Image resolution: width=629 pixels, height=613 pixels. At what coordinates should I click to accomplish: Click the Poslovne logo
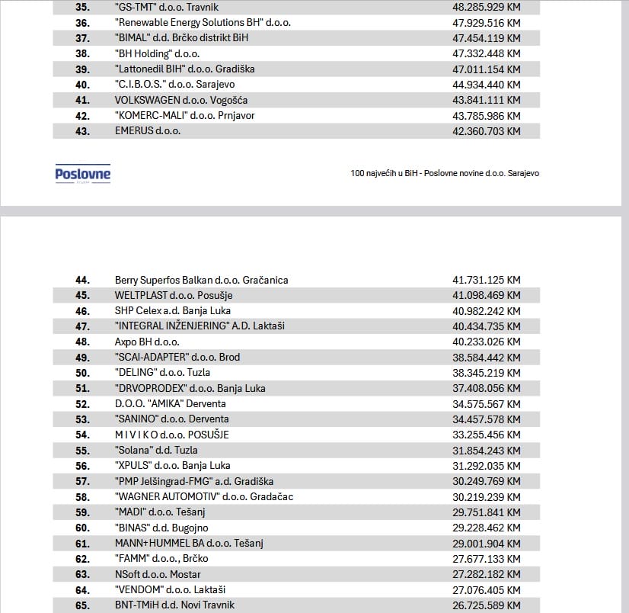82,175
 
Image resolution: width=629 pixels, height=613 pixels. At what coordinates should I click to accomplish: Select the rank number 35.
82,7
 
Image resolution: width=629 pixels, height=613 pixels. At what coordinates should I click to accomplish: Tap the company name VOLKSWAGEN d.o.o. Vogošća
181,100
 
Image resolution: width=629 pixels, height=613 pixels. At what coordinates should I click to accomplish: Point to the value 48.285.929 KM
486,7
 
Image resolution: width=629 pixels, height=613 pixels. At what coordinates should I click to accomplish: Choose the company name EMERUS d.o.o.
148,131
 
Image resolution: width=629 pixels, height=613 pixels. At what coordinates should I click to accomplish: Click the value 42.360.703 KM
486,131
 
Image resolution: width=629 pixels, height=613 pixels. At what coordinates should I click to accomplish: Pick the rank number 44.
82,280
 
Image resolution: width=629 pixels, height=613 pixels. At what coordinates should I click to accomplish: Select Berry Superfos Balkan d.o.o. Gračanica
201,280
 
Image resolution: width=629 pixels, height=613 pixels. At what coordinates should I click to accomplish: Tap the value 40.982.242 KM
486,311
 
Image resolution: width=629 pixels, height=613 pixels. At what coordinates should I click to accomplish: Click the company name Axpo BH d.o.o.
147,342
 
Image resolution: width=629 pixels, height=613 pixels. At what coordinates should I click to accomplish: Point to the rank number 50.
82,373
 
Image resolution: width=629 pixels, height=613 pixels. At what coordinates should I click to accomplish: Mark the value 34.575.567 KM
486,403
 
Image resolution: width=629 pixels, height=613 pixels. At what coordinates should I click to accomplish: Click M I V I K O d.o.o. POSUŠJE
171,435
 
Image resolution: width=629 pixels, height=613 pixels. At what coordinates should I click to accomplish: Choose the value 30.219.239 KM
486,496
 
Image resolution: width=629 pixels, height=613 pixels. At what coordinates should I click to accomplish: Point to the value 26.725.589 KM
486,605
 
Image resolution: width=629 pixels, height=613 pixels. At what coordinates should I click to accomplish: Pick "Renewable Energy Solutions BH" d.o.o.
203,23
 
